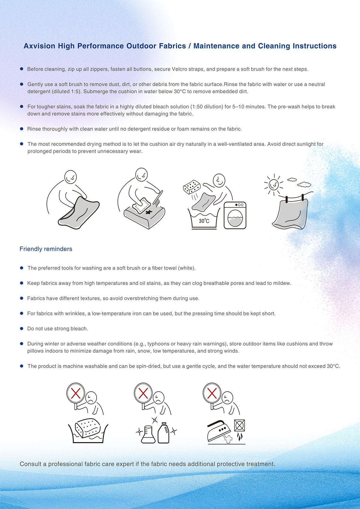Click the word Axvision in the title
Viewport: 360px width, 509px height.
point(40,46)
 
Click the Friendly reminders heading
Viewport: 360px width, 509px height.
point(46,249)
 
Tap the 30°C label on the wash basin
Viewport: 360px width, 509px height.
point(204,221)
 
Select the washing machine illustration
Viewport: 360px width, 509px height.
point(235,215)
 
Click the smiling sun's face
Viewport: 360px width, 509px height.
point(274,184)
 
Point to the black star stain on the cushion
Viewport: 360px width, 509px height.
point(149,212)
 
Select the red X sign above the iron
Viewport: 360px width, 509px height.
point(212,393)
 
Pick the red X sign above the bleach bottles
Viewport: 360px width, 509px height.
point(143,393)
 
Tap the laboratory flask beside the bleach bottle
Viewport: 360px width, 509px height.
point(148,434)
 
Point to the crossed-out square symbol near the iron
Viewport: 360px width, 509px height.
point(239,425)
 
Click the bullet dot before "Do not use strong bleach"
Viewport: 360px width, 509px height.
point(22,328)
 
